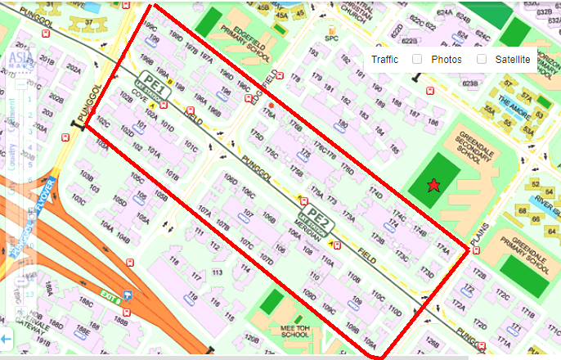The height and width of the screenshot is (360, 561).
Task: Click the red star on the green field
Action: [433, 187]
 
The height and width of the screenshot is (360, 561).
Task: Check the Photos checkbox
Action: [417, 60]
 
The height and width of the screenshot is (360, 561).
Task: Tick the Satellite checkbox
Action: [482, 60]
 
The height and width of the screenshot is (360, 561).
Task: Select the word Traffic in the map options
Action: [384, 60]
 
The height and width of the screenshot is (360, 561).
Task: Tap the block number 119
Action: [193, 295]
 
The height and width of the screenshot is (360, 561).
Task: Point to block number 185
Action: [394, 150]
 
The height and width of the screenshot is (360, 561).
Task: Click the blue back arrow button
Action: [6, 338]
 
